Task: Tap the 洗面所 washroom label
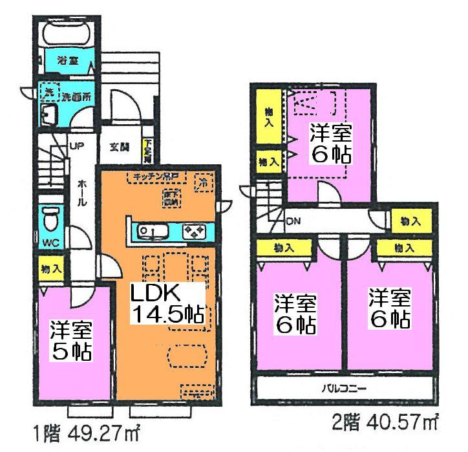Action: click(76, 96)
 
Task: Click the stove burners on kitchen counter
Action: click(195, 231)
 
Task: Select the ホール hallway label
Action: click(82, 192)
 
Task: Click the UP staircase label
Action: click(76, 145)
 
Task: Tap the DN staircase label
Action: click(292, 222)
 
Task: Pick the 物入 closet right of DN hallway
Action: click(410, 221)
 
